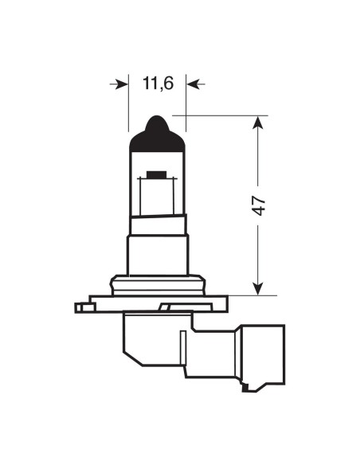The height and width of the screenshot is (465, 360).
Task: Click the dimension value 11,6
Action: (157, 83)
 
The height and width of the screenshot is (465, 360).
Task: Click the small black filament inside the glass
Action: (156, 174)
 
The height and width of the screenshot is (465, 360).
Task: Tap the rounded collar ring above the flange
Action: (157, 283)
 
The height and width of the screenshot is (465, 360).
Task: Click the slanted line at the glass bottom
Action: (157, 218)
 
